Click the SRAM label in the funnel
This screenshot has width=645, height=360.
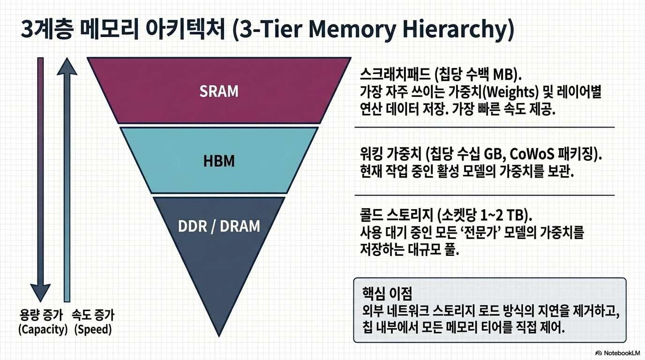pos(219,91)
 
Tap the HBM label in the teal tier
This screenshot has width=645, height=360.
pos(219,161)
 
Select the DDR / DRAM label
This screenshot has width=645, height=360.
pos(219,226)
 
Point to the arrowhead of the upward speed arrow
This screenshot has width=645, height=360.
pos(67,66)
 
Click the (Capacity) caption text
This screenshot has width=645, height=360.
pos(43,330)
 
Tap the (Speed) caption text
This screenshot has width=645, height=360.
pos(93,330)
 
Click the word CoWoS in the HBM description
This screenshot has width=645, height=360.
pos(532,154)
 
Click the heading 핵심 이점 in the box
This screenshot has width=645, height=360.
pos(387,293)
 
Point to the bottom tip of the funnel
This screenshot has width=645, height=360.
pos(219,337)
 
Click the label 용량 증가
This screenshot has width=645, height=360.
pos(41,315)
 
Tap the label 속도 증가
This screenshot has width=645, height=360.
pos(93,315)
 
